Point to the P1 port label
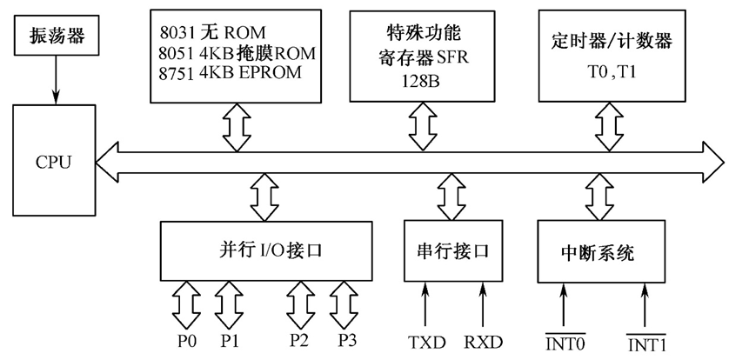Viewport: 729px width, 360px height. [x=230, y=340]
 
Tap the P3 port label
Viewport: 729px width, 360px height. [x=346, y=340]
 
